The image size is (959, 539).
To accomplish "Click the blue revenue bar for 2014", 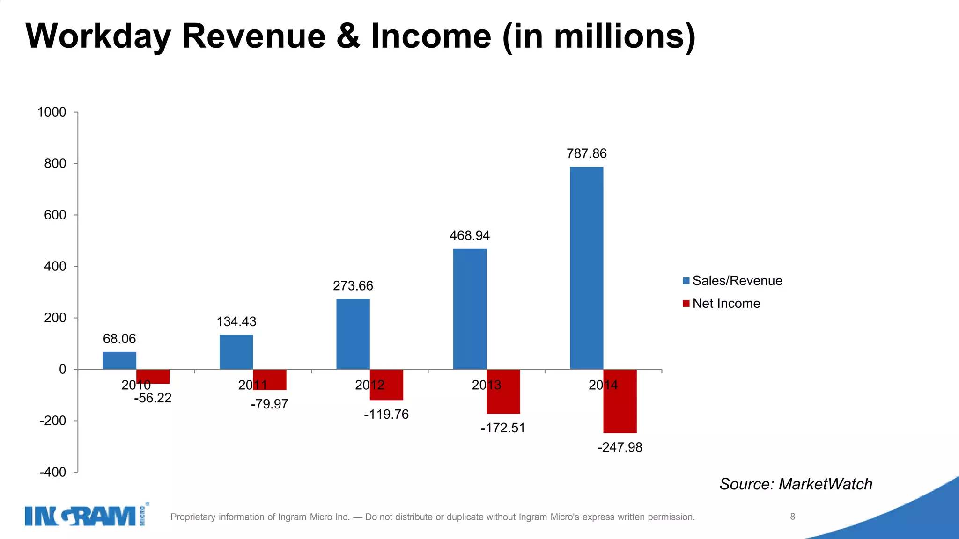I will (586, 268).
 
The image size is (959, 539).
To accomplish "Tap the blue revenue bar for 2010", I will (119, 360).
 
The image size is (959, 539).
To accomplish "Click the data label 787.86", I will (586, 153).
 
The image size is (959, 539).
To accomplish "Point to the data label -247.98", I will (620, 447).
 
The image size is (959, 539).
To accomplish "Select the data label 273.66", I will (353, 286).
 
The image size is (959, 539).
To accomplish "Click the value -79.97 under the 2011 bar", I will (269, 404).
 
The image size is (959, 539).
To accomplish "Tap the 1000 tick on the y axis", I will (52, 112).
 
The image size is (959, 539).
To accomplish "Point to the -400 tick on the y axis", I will (52, 472).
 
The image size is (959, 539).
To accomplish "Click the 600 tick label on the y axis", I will (55, 215).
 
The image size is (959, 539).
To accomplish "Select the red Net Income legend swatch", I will (686, 304).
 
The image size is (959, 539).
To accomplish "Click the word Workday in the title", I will (98, 36).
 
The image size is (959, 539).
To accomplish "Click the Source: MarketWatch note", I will (796, 484).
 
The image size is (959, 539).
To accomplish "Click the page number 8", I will (792, 517).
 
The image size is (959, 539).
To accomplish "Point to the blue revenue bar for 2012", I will (353, 334).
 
